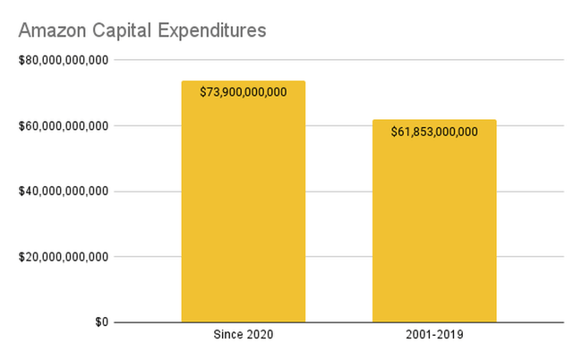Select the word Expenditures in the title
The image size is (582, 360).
(x=213, y=30)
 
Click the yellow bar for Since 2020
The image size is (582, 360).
(x=244, y=215)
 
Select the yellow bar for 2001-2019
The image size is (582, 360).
(x=434, y=233)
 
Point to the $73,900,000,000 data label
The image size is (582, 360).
(x=244, y=92)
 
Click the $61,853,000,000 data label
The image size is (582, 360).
(x=434, y=132)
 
